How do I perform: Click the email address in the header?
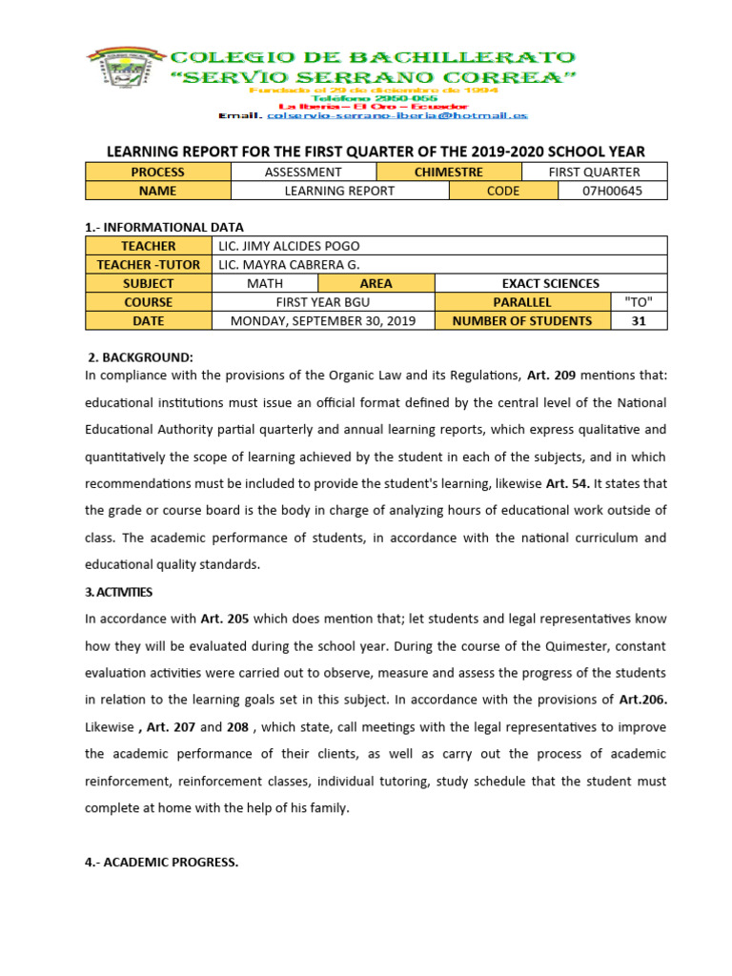click(x=397, y=115)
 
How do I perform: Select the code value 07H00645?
click(x=612, y=191)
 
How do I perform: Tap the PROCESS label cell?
click(x=158, y=172)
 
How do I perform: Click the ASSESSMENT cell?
click(x=303, y=172)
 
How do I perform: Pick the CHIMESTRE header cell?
click(x=449, y=172)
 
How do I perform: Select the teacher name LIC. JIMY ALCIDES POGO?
click(x=290, y=246)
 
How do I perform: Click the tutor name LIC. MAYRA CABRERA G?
click(x=290, y=264)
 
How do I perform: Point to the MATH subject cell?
click(x=265, y=283)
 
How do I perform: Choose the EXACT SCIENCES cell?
click(x=551, y=283)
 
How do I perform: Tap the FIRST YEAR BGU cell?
click(x=322, y=302)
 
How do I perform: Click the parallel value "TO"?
click(x=639, y=302)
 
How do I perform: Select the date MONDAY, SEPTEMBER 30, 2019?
click(x=322, y=321)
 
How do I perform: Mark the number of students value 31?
click(x=639, y=321)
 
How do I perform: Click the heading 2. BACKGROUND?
click(x=141, y=357)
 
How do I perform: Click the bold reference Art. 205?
click(x=225, y=619)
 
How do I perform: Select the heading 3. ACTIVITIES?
click(x=118, y=592)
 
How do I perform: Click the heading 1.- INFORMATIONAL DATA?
click(x=164, y=227)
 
